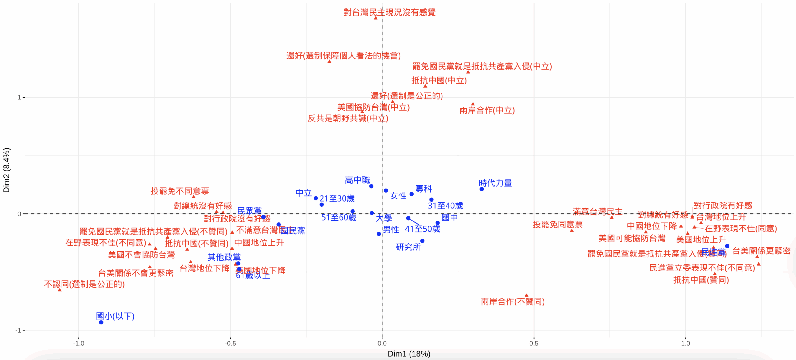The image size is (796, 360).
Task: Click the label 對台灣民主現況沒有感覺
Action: (x=389, y=12)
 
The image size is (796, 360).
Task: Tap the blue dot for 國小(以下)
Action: (x=101, y=322)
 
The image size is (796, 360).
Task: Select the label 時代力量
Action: (x=495, y=183)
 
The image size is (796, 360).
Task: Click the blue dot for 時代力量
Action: (x=482, y=189)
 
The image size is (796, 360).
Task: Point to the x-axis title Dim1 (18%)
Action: (x=409, y=354)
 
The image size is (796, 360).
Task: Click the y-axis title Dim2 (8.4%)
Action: (x=7, y=170)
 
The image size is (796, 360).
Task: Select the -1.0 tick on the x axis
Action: (x=79, y=343)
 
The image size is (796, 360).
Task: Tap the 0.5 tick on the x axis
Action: (x=534, y=343)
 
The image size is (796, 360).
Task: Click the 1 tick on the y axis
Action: (x=19, y=98)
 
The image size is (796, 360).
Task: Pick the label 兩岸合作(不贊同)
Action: (x=513, y=302)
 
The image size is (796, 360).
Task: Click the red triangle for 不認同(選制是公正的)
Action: (x=60, y=290)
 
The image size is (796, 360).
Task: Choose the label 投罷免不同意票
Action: (x=180, y=191)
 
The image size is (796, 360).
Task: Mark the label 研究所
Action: (x=408, y=247)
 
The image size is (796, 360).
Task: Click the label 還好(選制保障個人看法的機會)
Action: (x=343, y=56)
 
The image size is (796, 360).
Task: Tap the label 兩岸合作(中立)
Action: (x=487, y=110)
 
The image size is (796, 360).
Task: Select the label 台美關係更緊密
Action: (x=761, y=251)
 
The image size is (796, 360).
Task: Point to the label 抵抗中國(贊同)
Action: (x=701, y=280)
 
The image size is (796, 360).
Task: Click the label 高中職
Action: (x=358, y=180)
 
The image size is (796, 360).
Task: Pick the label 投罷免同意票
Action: (x=558, y=225)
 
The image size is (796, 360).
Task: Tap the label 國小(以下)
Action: (x=115, y=316)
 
